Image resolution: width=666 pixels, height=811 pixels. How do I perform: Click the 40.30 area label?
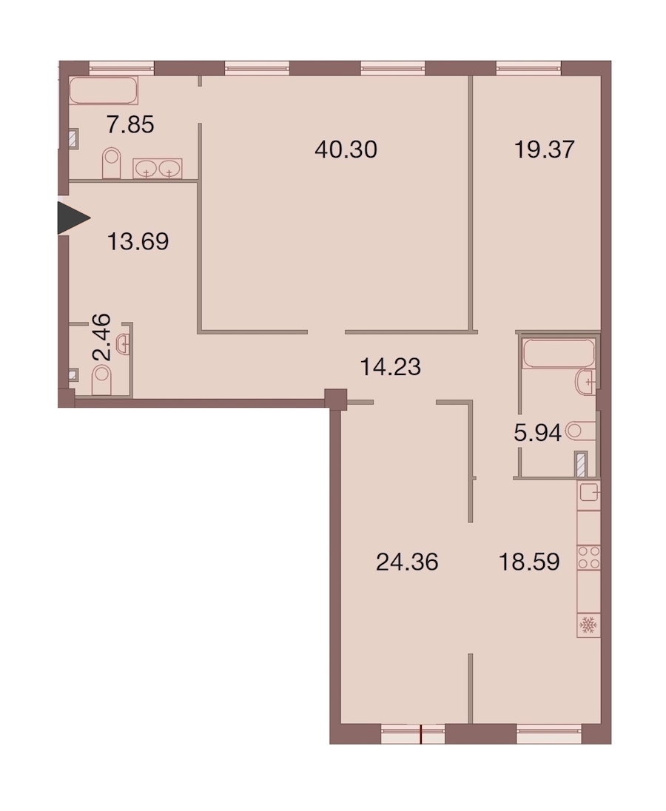346,149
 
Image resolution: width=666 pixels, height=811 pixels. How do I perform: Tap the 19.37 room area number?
545,149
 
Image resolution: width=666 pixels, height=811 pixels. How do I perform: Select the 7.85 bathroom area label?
130,124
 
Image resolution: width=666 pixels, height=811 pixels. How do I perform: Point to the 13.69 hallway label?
138,241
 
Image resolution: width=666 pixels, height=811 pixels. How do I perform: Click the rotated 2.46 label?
101,337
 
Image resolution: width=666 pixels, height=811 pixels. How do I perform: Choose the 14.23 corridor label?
391,367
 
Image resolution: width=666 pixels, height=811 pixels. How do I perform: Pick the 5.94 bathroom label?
538,432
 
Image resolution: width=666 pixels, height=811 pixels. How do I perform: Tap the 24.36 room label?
408,562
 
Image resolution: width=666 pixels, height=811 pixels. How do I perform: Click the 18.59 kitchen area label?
529,562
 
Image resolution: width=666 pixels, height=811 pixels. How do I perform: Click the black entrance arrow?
73,219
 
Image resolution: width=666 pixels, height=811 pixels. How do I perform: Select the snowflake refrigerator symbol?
588,625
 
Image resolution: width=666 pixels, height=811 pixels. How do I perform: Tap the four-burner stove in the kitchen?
588,558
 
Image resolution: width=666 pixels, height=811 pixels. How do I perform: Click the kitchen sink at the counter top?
588,492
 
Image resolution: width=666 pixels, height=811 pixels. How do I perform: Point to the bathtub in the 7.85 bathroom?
104,90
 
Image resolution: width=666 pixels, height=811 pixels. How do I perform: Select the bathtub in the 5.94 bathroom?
559,353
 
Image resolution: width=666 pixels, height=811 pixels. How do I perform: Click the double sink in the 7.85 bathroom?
157,169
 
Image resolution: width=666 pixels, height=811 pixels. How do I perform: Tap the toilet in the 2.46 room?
102,380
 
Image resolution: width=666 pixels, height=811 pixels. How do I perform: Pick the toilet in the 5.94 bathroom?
580,431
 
